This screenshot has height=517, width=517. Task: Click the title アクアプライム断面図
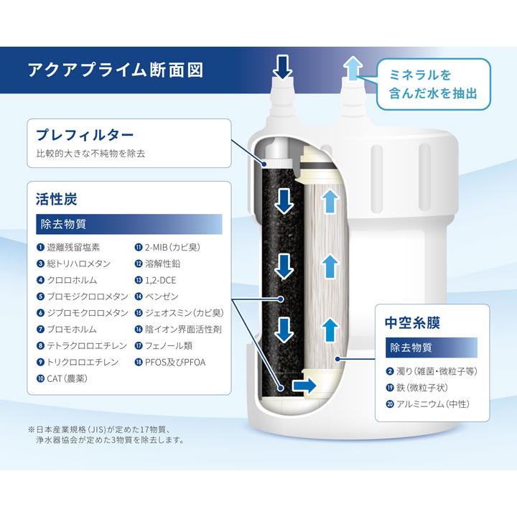[x=115, y=70]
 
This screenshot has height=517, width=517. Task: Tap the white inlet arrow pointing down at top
[x=283, y=67]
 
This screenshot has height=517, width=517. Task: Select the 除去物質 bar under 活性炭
[x=129, y=223]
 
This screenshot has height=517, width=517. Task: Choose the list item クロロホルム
[x=71, y=280]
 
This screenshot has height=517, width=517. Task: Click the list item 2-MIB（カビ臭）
[x=174, y=248]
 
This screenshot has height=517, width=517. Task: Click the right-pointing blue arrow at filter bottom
[x=304, y=386]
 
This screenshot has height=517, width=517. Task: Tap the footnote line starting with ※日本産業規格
[x=108, y=430]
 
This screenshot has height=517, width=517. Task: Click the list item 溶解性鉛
[x=164, y=264]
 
